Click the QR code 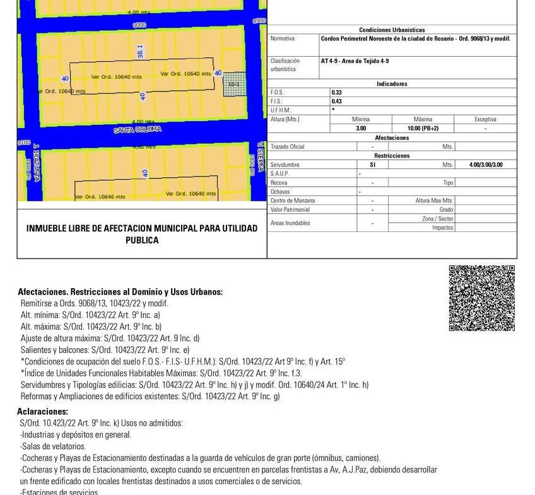(481, 298)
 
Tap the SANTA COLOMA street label (138, 129)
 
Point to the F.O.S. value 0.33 (337, 92)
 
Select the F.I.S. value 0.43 (337, 101)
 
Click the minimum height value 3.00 (361, 128)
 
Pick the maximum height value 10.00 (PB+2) (422, 128)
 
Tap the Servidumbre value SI (372, 165)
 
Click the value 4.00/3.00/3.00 (486, 165)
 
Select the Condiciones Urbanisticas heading (392, 30)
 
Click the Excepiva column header (485, 119)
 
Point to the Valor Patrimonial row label (290, 209)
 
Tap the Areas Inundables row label (290, 223)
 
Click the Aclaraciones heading (42, 412)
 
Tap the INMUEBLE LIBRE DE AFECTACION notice (142, 234)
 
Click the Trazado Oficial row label (287, 146)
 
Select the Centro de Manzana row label (292, 201)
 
